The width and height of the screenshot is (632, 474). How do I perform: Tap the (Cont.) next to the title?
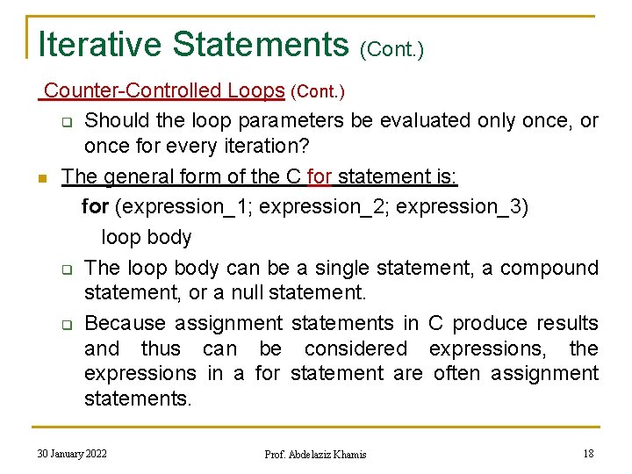coord(391,49)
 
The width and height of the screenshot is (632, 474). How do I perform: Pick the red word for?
coord(320,176)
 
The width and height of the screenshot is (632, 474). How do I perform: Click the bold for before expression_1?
coord(95,207)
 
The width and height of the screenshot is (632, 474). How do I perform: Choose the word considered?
coord(355,348)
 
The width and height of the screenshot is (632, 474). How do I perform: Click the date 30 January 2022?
coord(72,453)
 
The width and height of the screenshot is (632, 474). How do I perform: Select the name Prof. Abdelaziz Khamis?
coord(315,454)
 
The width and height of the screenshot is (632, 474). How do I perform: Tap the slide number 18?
coord(588,453)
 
